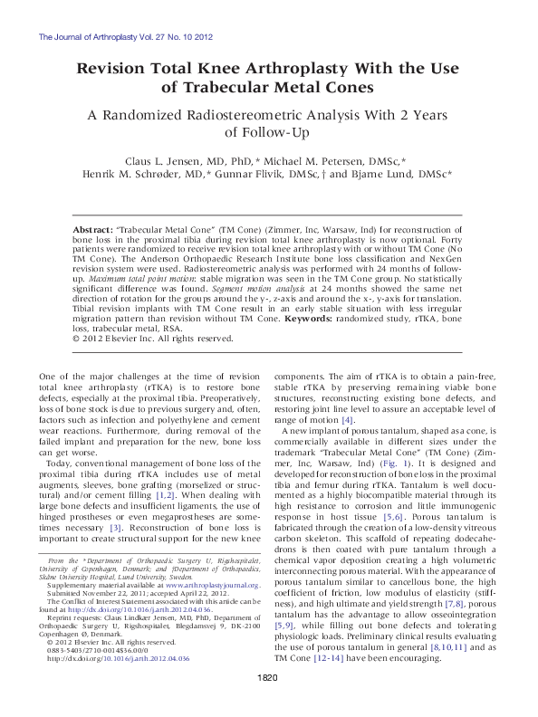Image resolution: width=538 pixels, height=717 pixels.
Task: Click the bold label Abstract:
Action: (x=93, y=232)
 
